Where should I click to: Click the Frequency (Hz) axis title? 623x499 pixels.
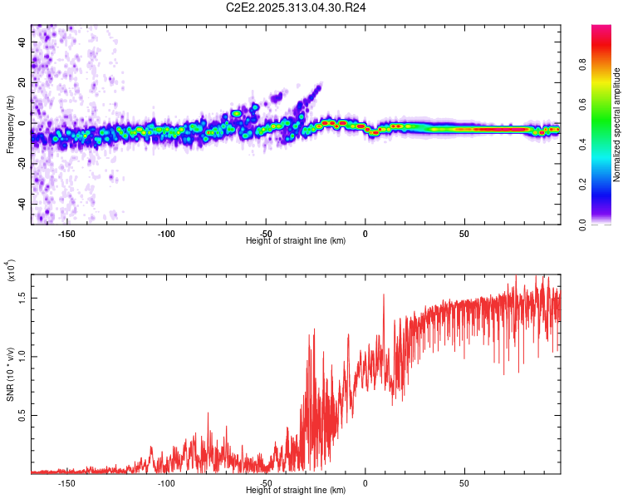(x=10, y=125)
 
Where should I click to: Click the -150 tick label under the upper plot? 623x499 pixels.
(x=66, y=234)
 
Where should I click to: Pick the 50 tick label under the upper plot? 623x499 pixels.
(x=464, y=234)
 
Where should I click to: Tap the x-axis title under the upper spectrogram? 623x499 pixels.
(x=296, y=241)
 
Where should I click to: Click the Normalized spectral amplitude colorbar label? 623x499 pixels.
(x=616, y=125)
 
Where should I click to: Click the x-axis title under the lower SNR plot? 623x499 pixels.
(x=296, y=491)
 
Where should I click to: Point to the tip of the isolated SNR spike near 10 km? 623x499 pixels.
(x=384, y=294)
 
